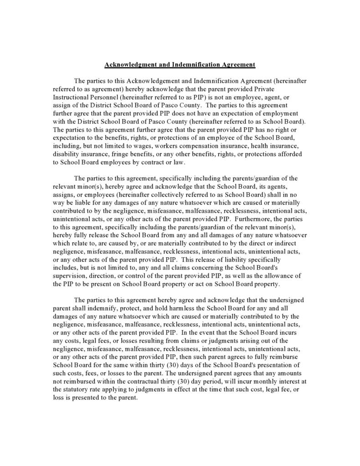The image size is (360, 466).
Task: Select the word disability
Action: click(66, 154)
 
